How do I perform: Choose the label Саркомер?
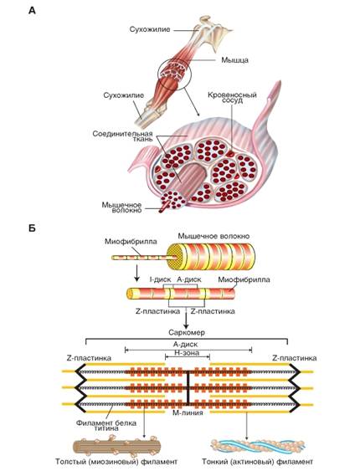point(180,331)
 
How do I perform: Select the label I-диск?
point(161,272)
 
